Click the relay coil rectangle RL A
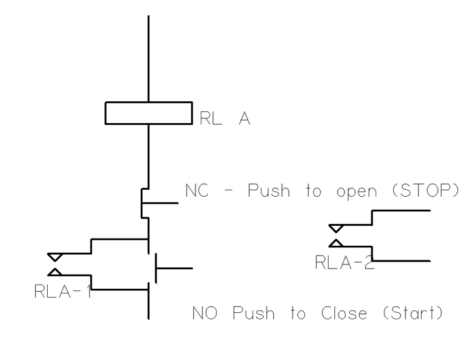click(x=148, y=113)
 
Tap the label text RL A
click(x=225, y=120)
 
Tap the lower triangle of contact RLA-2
click(x=336, y=242)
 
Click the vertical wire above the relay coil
click(x=148, y=59)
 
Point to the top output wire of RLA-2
click(x=400, y=210)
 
